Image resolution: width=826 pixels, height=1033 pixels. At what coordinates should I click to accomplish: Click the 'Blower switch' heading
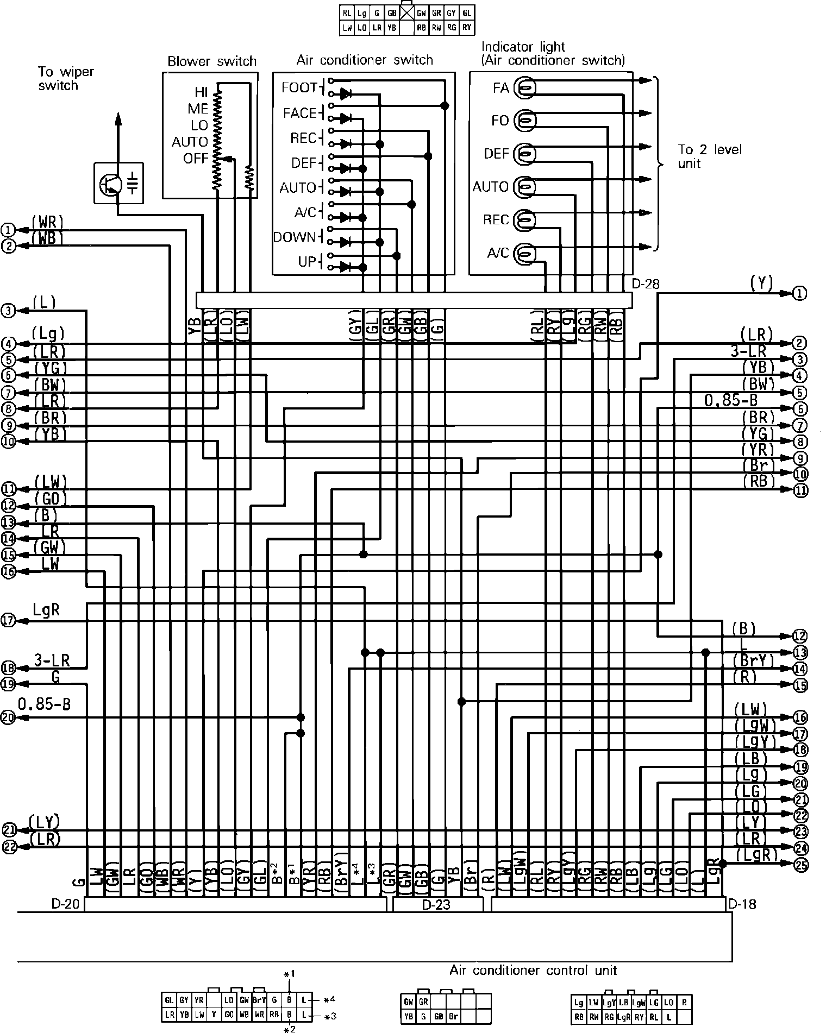pos(211,61)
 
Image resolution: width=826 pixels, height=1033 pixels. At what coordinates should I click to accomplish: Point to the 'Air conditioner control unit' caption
pos(533,970)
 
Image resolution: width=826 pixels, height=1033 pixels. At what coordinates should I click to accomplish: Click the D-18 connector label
pos(742,904)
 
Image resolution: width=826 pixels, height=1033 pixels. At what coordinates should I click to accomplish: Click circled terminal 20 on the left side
pos(9,717)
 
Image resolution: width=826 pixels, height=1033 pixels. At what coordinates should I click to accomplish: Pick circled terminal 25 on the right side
pos(800,865)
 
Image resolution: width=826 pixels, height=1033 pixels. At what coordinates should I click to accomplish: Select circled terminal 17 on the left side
pos(9,620)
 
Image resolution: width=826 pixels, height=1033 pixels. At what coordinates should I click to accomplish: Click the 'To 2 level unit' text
pos(709,156)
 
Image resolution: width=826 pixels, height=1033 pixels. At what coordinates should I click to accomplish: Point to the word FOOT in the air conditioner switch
pos(299,88)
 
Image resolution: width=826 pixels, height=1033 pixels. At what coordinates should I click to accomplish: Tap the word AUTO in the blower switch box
pos(190,142)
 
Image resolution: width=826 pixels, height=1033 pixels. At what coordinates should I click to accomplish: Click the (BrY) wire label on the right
pos(753,660)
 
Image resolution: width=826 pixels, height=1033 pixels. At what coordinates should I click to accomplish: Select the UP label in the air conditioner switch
pos(306,262)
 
